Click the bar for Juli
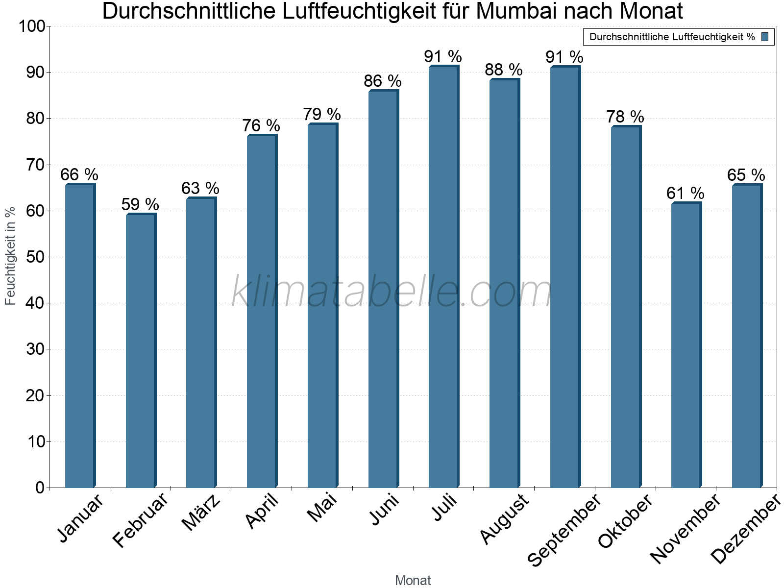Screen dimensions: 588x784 coord(443,277)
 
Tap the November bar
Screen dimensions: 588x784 coord(686,345)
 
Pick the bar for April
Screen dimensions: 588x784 coord(262,311)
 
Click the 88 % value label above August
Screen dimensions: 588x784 coord(504,70)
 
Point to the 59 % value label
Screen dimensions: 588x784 coord(140,204)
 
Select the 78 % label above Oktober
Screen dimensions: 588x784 coord(625,117)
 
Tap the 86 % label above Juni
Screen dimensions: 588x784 coord(382,81)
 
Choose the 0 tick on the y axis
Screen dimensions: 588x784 coord(40,488)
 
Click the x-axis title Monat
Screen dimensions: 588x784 coord(413,580)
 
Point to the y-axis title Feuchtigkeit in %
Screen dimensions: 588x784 coord(10,256)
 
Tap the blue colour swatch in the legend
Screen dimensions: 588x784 coord(765,37)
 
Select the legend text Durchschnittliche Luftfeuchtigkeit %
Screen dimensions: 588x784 coord(672,37)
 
